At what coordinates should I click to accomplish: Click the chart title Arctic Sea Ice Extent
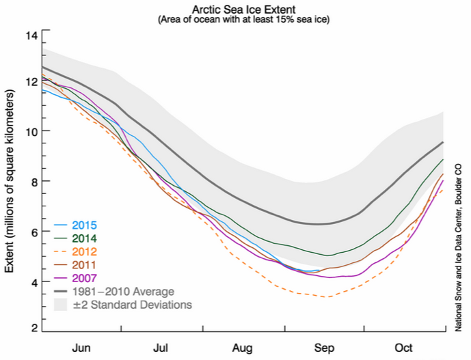point(244,9)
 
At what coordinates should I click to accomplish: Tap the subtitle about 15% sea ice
point(244,20)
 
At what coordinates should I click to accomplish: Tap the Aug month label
point(243,347)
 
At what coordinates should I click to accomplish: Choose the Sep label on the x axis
point(323,347)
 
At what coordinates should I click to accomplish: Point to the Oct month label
point(403,347)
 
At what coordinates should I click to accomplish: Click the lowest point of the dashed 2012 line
point(327,296)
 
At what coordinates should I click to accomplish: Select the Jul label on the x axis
point(163,347)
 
